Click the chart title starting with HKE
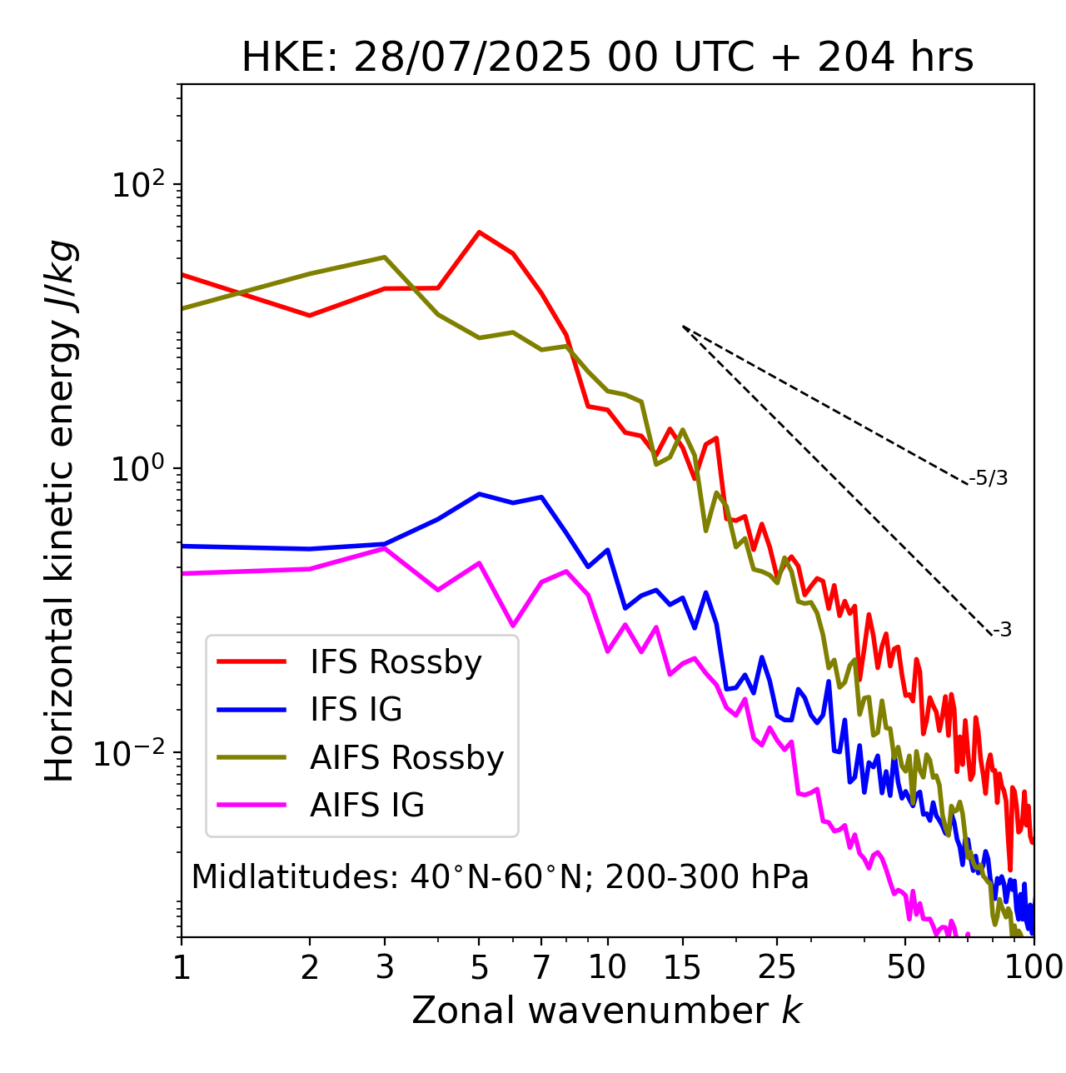607,58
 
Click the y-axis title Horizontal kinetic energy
60,511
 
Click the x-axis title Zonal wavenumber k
606,1011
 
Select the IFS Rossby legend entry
396,662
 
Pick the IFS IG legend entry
356,710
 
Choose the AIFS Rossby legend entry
406,758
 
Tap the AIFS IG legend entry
367,806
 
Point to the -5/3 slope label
989,478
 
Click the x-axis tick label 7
541,968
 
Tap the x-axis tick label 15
682,968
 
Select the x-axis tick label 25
777,968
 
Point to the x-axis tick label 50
905,968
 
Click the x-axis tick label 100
1033,968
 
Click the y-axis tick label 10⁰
138,468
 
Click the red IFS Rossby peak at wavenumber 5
479,232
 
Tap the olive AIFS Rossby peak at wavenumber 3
384,257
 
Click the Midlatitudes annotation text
500,877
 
